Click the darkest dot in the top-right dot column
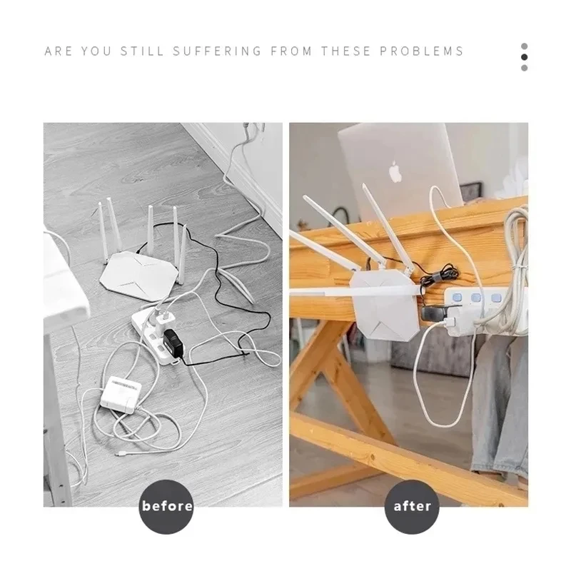(x=525, y=57)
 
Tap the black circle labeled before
(x=167, y=506)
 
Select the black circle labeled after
(x=413, y=506)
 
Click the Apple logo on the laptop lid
(x=395, y=172)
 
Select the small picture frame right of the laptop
(x=470, y=192)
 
